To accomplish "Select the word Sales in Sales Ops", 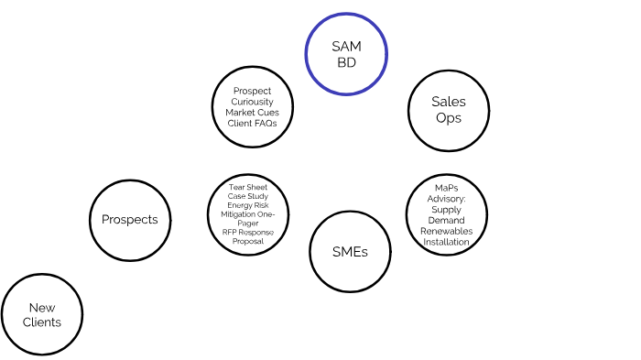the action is (x=448, y=102).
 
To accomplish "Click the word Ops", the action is (x=448, y=117).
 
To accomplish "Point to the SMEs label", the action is (x=350, y=252).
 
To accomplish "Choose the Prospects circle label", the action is (x=129, y=219).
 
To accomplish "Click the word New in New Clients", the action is (x=43, y=308).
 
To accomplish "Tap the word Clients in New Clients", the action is (x=43, y=322).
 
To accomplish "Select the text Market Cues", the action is (x=252, y=113).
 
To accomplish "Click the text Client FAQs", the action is (x=252, y=123).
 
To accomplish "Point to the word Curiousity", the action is (x=252, y=102).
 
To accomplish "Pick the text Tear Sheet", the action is (x=248, y=188).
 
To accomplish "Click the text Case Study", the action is (x=248, y=197).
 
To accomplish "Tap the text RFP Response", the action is (x=248, y=232).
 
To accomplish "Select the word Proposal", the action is (x=248, y=241).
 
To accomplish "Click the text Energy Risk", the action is (x=248, y=205).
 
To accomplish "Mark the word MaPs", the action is (x=447, y=188).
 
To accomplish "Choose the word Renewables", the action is (x=447, y=232).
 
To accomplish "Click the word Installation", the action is (x=447, y=243).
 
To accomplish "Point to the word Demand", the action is (x=447, y=221).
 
